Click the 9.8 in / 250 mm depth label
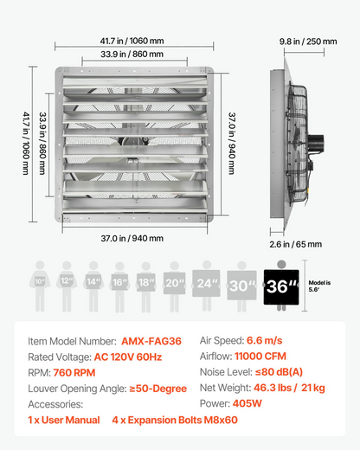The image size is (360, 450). click(308, 42)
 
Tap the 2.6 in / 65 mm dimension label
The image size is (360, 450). click(296, 244)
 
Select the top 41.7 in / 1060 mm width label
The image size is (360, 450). click(132, 41)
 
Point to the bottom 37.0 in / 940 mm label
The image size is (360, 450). click(132, 238)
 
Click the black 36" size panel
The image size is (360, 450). click(281, 287)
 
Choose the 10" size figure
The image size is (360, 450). click(40, 286)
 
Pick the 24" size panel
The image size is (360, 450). click(206, 283)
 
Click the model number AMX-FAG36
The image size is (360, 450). click(151, 341)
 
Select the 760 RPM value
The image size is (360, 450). click(74, 373)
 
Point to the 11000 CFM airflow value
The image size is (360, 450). click(260, 357)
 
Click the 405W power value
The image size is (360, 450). click(247, 403)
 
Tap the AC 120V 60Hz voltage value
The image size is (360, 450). click(128, 357)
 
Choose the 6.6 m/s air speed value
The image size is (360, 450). click(265, 341)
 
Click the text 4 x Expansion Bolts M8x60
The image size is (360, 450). click(175, 420)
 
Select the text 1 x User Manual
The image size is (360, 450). click(64, 420)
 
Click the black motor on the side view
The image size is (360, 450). click(316, 143)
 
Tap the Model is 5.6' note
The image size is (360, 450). click(319, 286)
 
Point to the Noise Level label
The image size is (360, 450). click(226, 372)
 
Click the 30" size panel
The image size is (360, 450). click(241, 286)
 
